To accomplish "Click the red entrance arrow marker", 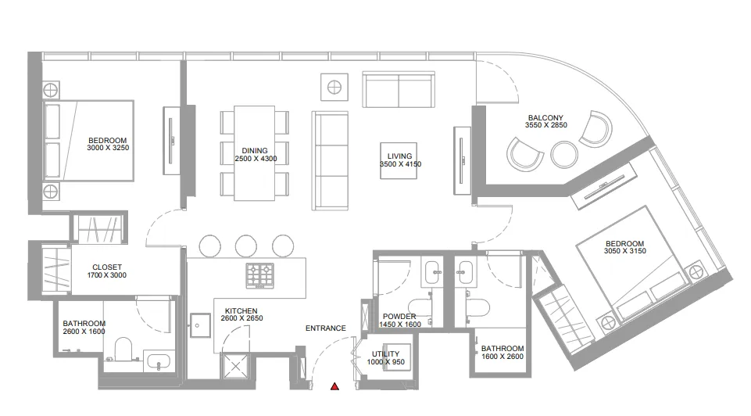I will [334, 386].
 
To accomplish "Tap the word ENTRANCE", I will [326, 328].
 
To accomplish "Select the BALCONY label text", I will [544, 118].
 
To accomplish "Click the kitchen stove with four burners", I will [260, 274].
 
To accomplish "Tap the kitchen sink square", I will [200, 322].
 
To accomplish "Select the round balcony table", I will [563, 154].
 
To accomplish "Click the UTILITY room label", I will [386, 354].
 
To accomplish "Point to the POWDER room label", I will [399, 316].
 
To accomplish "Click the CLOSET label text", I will [106, 267].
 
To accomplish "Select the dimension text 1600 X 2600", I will [502, 357].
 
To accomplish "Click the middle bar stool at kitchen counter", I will [246, 246].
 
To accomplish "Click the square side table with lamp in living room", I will [334, 87].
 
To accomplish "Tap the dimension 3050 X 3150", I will [624, 252].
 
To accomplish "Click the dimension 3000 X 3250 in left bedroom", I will [107, 148].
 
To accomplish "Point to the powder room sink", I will [433, 273].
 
